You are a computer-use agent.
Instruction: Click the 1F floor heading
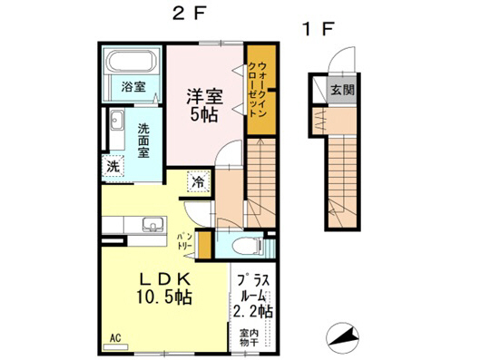319,27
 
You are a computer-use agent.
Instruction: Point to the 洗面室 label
143,142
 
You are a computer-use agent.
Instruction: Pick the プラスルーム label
253,288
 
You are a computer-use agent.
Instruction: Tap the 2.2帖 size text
253,311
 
